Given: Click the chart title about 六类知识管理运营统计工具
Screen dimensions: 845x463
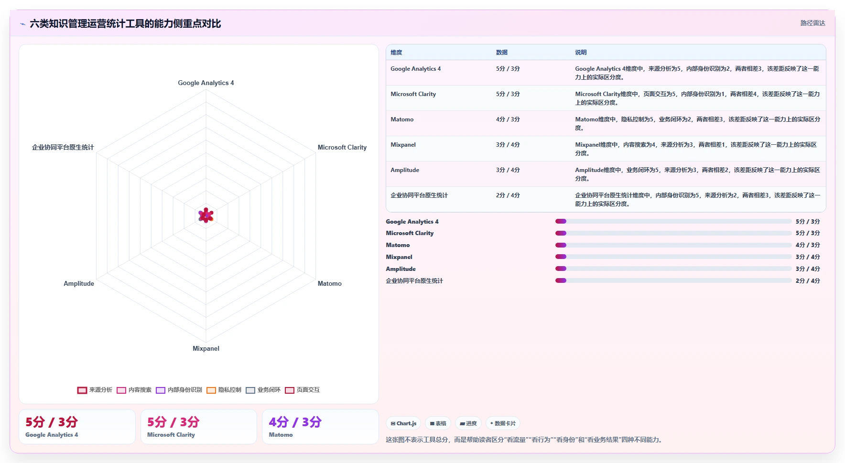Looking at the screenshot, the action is point(125,23).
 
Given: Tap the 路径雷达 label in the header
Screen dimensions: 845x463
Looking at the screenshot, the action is point(812,23).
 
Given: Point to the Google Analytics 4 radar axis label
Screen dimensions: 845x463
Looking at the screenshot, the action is point(206,83).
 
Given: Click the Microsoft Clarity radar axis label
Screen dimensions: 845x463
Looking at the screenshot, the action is point(342,147).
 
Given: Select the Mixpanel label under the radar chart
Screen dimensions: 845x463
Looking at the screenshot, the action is point(206,348).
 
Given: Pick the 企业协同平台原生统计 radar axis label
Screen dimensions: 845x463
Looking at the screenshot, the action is point(63,147).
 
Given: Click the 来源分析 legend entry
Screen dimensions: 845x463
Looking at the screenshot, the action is point(95,390).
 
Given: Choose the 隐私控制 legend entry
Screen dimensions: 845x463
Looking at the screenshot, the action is point(224,390).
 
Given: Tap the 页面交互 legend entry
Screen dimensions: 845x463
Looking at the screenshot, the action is point(302,390).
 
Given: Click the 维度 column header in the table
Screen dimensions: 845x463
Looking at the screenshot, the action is point(396,53).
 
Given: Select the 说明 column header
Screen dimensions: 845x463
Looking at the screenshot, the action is point(581,53).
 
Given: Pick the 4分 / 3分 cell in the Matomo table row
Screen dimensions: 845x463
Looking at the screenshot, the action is point(508,119).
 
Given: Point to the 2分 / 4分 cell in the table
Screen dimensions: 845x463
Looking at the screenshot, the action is point(508,195).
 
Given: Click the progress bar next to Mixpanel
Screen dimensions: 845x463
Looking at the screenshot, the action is point(673,257).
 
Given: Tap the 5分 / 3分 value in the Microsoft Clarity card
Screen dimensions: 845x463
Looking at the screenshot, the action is point(173,422).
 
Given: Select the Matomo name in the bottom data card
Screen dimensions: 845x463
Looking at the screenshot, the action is point(281,435).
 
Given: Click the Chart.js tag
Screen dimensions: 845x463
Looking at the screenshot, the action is point(403,423).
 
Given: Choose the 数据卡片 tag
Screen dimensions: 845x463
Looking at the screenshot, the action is point(503,423).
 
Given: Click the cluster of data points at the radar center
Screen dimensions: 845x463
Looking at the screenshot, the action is point(206,215).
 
